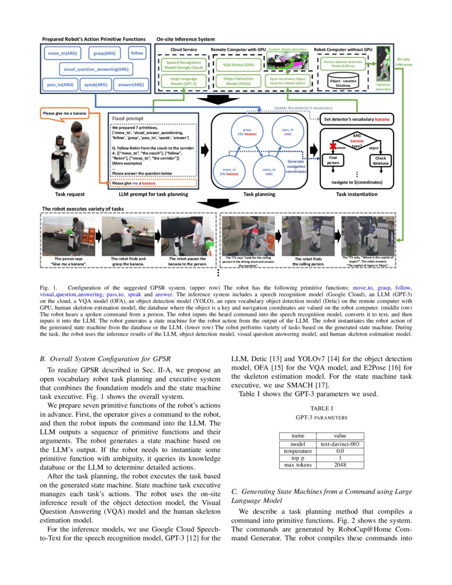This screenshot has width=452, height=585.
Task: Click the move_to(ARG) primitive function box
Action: click(62, 54)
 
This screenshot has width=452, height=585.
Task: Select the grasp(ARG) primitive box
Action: click(105, 54)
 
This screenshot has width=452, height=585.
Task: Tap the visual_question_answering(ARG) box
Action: click(95, 69)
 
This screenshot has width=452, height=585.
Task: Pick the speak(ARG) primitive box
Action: click(96, 85)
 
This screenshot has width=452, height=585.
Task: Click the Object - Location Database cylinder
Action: click(342, 82)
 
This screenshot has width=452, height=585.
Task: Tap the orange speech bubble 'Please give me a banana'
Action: click(64, 113)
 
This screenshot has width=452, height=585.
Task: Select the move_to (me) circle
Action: click(269, 171)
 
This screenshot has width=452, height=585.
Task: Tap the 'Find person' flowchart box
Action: click(333, 160)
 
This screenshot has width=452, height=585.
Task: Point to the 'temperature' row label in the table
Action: click(298, 450)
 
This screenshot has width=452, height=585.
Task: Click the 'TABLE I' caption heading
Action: click(321, 408)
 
